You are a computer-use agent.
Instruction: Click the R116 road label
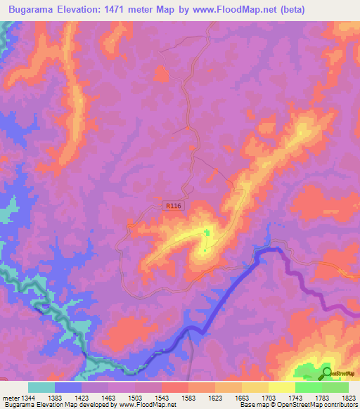tap(172, 206)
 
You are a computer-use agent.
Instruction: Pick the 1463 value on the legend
tap(93, 397)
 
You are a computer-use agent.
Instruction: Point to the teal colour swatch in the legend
tap(41, 387)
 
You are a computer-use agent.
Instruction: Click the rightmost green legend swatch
tap(335, 387)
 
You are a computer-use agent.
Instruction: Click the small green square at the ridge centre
tap(207, 232)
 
